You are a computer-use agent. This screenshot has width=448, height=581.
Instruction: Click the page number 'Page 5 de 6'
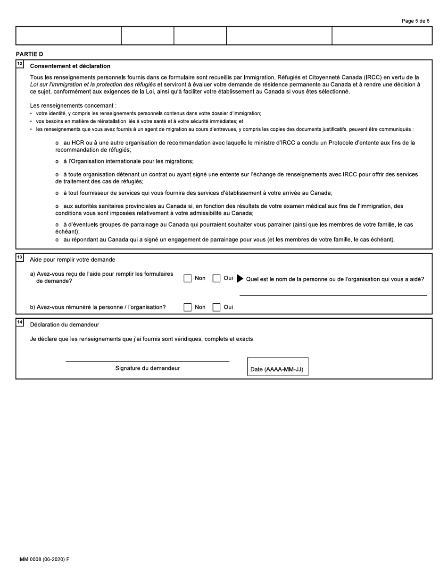point(415,21)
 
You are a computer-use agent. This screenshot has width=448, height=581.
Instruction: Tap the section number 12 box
point(19,63)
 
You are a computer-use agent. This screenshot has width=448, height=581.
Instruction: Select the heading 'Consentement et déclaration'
point(70,66)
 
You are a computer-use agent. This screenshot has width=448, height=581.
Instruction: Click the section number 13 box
point(19,257)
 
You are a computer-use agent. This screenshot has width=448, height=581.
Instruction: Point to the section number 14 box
point(19,322)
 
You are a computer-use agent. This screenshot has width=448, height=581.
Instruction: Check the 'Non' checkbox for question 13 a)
point(188,279)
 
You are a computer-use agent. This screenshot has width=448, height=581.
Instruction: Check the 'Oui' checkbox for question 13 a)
point(216,279)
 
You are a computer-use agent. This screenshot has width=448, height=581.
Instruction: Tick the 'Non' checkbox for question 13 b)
point(188,308)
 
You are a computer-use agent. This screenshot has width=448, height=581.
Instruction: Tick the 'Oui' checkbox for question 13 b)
point(216,308)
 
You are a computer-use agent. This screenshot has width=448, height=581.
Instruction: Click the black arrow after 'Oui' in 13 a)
point(240,279)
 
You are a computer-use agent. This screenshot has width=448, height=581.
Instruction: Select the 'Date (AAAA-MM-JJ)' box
point(278,367)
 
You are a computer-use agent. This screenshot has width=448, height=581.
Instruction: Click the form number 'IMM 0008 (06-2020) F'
point(44,559)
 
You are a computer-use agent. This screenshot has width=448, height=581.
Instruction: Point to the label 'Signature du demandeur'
point(147,368)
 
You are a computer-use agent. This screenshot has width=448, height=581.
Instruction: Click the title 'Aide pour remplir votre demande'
point(72,260)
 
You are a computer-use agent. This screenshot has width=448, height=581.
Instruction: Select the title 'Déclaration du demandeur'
point(65,325)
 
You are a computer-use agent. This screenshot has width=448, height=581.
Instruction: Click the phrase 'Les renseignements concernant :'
point(73,105)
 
